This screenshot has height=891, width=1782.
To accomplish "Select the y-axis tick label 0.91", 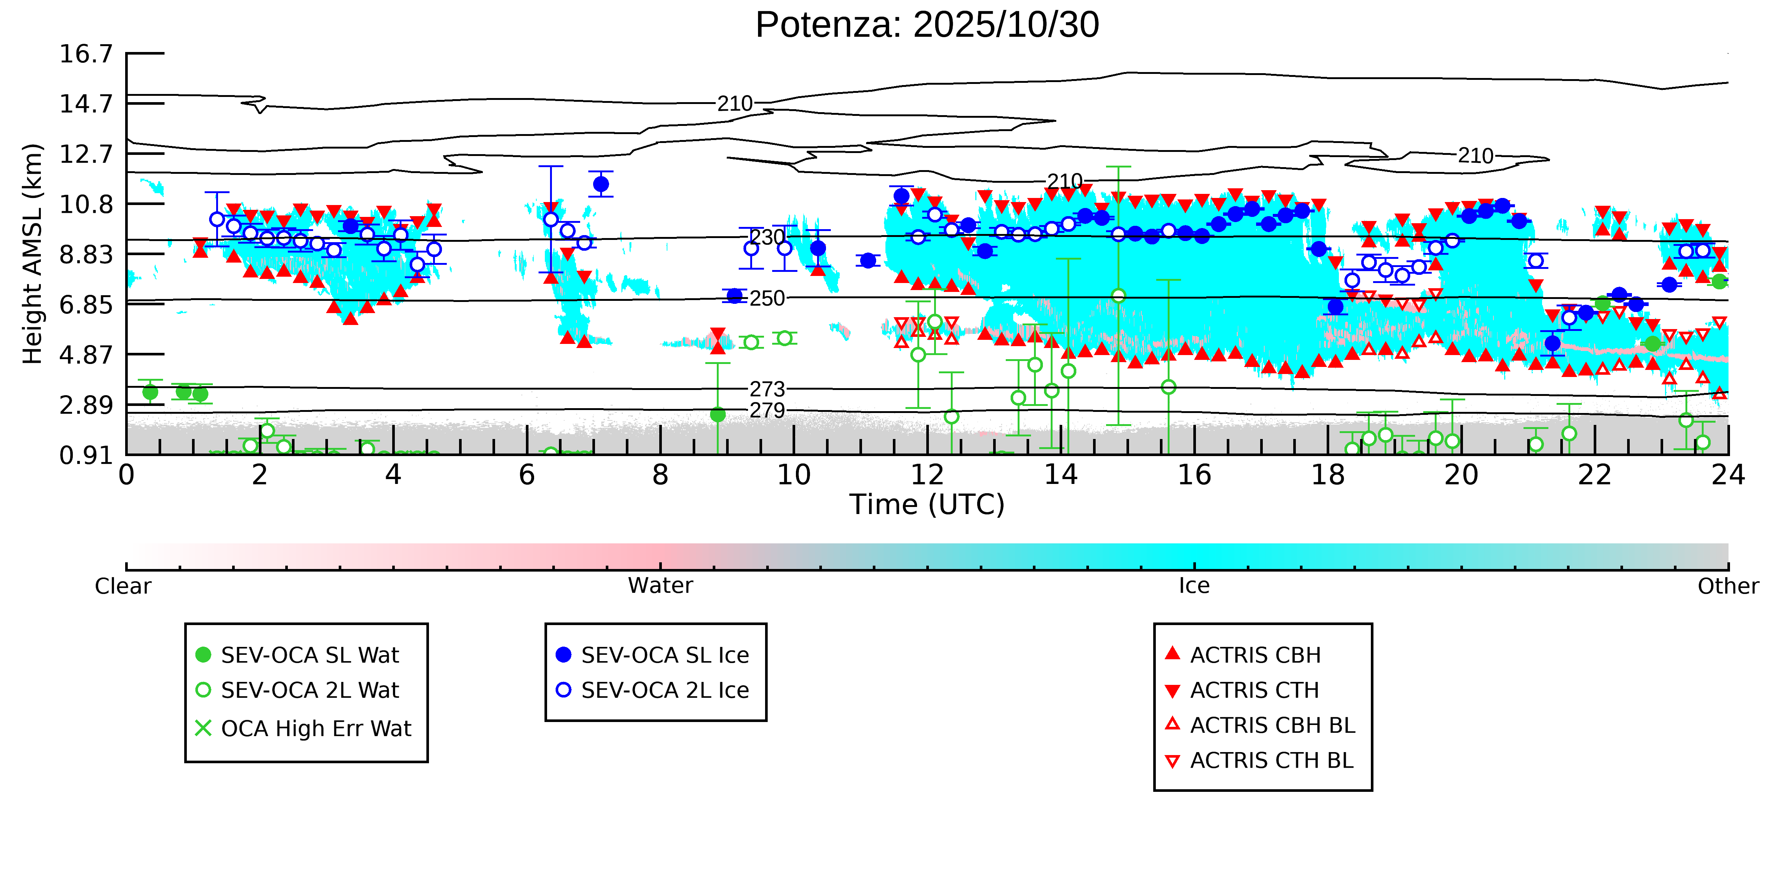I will click(86, 455).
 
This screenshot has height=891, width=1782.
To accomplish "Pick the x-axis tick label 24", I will click(1727, 475).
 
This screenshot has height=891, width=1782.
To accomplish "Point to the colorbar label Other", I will click(1727, 586).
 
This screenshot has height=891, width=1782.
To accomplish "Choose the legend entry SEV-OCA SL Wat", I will click(309, 655).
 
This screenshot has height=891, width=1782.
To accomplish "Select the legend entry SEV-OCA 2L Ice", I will click(664, 690).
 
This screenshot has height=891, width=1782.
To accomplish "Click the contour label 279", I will click(767, 410).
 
